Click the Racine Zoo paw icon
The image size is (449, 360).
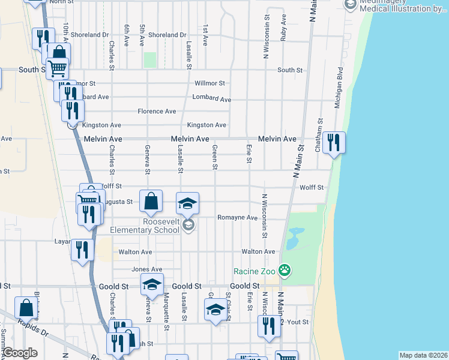pos(285,271)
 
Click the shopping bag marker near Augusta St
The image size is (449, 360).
pos(151,202)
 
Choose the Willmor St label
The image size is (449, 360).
pos(210,83)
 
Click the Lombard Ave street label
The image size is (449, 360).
pos(211,98)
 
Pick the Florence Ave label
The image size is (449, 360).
pos(157,112)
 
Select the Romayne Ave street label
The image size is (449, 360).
pos(237,218)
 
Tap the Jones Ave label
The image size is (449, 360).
pos(147,269)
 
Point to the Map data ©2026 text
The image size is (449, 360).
pos(423,355)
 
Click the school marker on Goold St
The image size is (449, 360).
pos(152,284)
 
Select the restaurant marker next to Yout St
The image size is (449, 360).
pos(268,327)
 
